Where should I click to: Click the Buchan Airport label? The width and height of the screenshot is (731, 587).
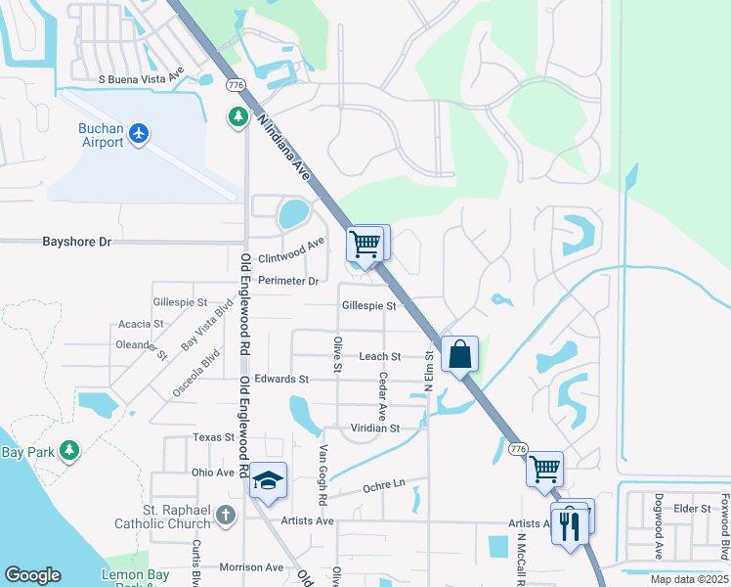102,135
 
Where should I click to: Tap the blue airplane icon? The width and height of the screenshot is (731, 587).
139,132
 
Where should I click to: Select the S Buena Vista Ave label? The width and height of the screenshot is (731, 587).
142,77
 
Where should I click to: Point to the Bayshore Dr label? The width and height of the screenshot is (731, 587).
77,241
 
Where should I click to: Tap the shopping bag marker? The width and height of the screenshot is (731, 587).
459,354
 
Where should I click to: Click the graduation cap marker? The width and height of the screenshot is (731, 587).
266,480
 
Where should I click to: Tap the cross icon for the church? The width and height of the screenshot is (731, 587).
226,515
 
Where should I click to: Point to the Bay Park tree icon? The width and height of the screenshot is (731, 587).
68,451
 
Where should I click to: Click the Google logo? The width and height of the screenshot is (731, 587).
32,575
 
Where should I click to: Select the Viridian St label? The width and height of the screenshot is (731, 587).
375,429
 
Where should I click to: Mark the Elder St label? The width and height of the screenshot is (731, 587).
691,509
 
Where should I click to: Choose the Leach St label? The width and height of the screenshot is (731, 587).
380,357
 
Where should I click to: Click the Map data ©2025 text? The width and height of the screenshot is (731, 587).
688,579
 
